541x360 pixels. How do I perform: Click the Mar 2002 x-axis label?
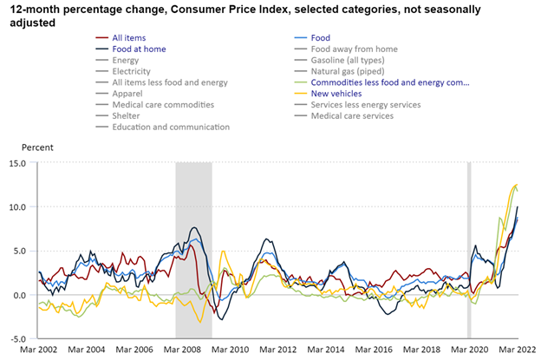tap(36, 350)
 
